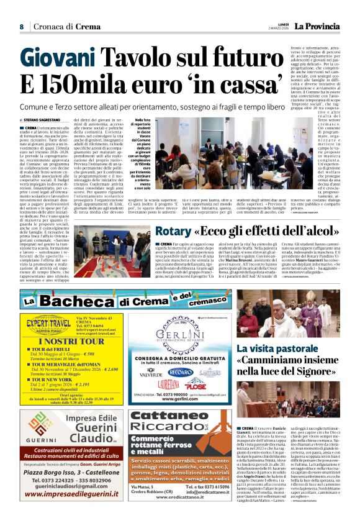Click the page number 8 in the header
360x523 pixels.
click(22, 26)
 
